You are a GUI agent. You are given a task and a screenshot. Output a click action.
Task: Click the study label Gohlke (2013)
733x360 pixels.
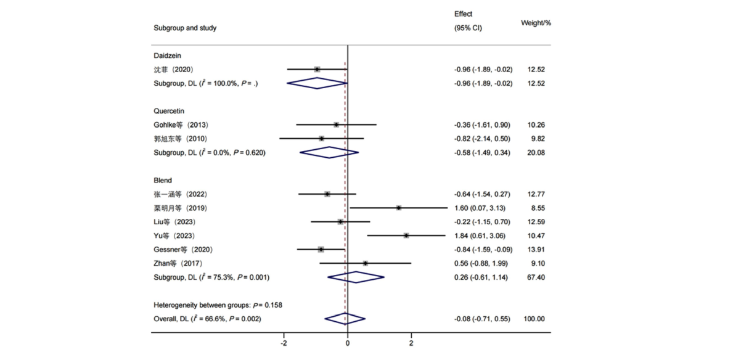click(x=181, y=125)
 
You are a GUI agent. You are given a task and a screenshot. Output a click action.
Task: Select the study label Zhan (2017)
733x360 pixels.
click(x=179, y=264)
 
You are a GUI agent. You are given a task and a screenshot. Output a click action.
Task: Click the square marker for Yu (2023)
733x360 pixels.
click(x=406, y=235)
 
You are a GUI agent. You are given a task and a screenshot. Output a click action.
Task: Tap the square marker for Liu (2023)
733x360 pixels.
click(x=340, y=222)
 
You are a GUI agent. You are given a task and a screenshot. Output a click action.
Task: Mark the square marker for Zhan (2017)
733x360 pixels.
click(x=365, y=263)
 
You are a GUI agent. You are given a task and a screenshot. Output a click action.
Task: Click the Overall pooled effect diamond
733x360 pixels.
click(x=345, y=319)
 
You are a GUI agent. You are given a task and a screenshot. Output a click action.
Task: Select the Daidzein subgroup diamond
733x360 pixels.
click(x=317, y=83)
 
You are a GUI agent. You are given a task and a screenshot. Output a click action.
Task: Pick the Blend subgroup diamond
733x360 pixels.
click(x=356, y=277)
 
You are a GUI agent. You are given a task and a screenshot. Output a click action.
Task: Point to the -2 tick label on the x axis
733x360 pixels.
click(x=284, y=343)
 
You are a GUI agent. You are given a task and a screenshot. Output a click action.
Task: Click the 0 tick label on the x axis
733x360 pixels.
click(x=347, y=343)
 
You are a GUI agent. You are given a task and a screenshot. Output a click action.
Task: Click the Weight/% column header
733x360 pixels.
click(x=536, y=22)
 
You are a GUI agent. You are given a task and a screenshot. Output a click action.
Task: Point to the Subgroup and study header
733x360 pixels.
click(x=185, y=28)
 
